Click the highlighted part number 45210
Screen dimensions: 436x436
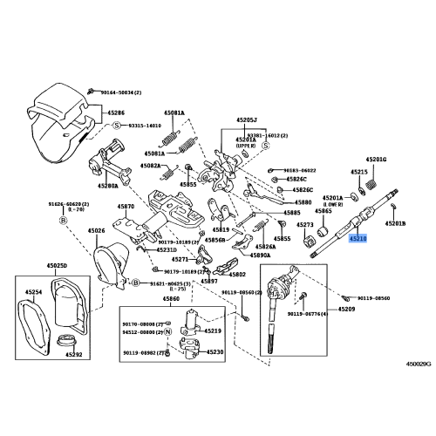pyautogui.click(x=358, y=237)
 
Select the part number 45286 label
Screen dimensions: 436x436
pyautogui.click(x=116, y=113)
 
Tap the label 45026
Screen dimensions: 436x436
pyautogui.click(x=95, y=231)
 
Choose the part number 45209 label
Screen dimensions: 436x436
pyautogui.click(x=346, y=310)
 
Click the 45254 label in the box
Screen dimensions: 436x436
pyautogui.click(x=34, y=291)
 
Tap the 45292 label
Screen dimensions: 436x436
pyautogui.click(x=73, y=355)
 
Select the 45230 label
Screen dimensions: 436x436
pyautogui.click(x=214, y=351)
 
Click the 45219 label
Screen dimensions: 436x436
pyautogui.click(x=213, y=331)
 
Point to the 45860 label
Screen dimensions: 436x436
pyautogui.click(x=170, y=298)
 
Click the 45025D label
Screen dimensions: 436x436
pyautogui.click(x=32, y=265)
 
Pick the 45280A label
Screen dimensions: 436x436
pyautogui.click(x=108, y=186)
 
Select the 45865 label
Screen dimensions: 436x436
pyautogui.click(x=323, y=211)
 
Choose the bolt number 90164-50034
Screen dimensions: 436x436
pyautogui.click(x=123, y=91)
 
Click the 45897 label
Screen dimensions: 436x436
pyautogui.click(x=209, y=282)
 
